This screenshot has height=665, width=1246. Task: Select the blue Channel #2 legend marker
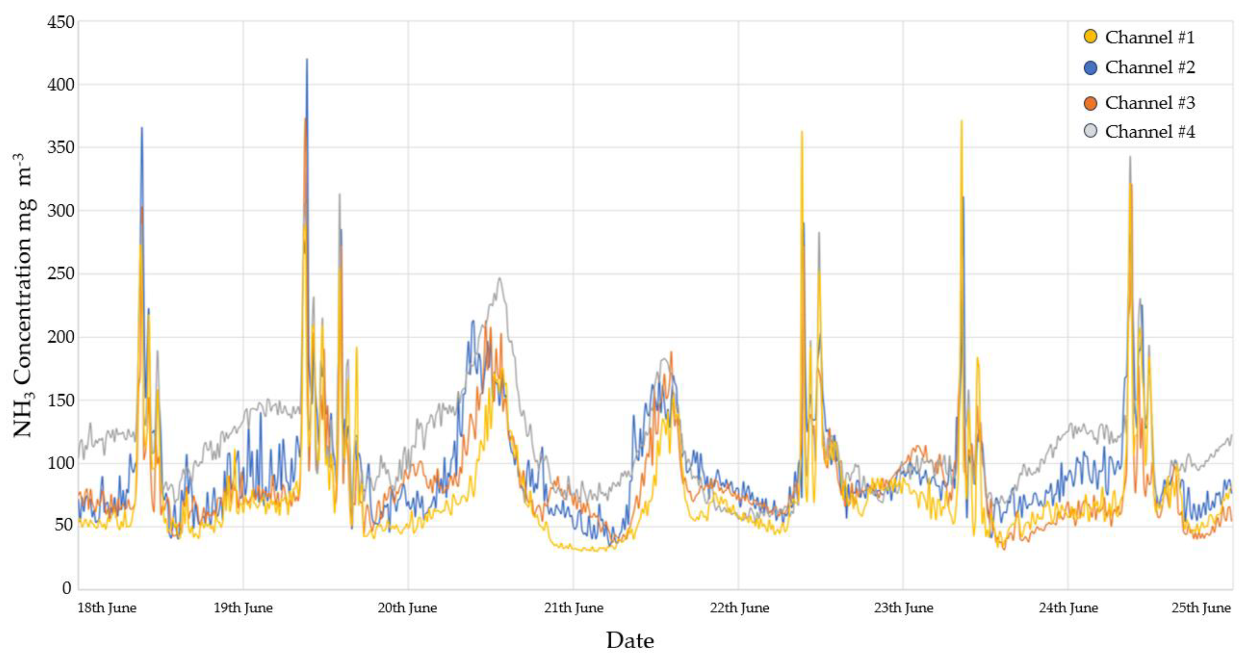1090,67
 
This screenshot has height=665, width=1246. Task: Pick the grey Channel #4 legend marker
1090,131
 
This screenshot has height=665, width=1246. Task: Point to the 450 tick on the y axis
60,22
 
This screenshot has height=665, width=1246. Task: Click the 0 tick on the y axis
67,588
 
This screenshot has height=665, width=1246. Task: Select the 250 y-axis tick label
60,274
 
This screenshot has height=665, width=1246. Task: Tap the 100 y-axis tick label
60,463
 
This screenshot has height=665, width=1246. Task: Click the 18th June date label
107,608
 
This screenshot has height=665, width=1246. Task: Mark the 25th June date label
1200,608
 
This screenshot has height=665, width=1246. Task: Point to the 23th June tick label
903,608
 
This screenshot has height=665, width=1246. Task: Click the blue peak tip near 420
307,60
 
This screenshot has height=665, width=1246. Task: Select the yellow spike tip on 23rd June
961,121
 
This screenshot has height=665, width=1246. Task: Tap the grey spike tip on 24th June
1130,157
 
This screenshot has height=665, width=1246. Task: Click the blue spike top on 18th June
142,128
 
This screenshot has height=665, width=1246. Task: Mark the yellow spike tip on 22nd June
802,132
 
